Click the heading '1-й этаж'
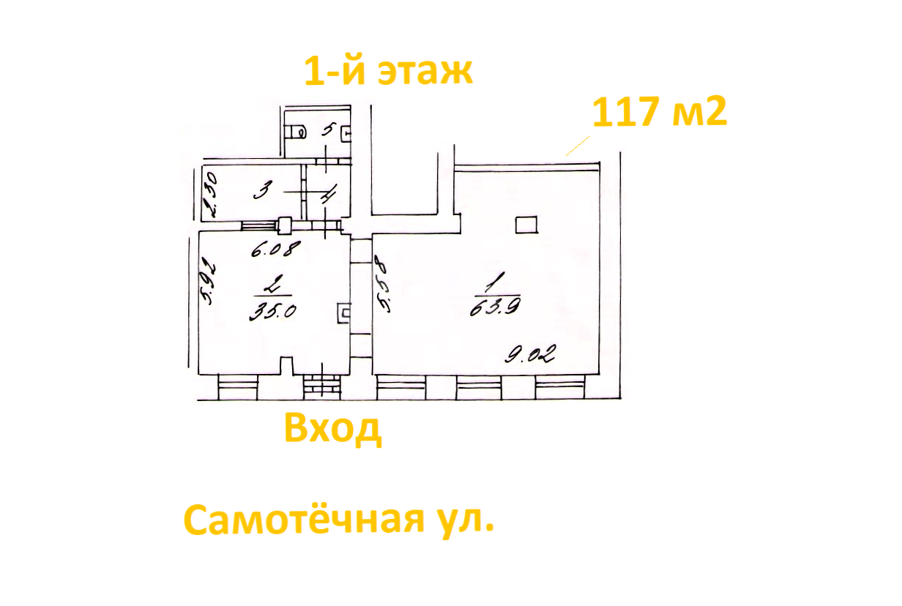(388, 72)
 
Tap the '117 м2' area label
(659, 112)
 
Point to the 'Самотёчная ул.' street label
(338, 520)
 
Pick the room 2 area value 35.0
(272, 310)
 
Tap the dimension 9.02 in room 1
(530, 356)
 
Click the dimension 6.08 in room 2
(275, 250)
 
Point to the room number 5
(327, 130)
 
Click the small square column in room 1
(526, 225)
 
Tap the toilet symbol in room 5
(297, 132)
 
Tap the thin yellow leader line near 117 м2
(578, 145)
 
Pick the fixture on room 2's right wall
(343, 313)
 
